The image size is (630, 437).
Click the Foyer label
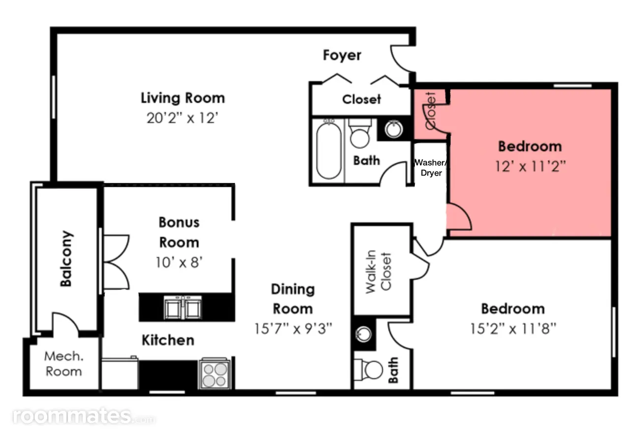[342, 56]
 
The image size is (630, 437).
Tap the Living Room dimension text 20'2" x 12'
[182, 118]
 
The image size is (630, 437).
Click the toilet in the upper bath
[360, 134]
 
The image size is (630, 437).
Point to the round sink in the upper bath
[393, 129]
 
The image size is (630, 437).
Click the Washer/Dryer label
[431, 168]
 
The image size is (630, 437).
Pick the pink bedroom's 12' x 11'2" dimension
[530, 166]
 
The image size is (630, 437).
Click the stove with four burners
[215, 373]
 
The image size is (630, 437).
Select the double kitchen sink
[183, 307]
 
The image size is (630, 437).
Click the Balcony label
[66, 259]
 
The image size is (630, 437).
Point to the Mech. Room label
[64, 364]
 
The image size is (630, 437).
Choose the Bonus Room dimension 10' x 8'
[179, 262]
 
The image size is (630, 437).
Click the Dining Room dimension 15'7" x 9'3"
[293, 328]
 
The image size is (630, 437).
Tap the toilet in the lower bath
[368, 370]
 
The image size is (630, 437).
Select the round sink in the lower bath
[363, 334]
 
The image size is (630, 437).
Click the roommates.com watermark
[84, 417]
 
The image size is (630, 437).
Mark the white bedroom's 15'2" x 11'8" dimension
[513, 328]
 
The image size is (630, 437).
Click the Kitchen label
[168, 340]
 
